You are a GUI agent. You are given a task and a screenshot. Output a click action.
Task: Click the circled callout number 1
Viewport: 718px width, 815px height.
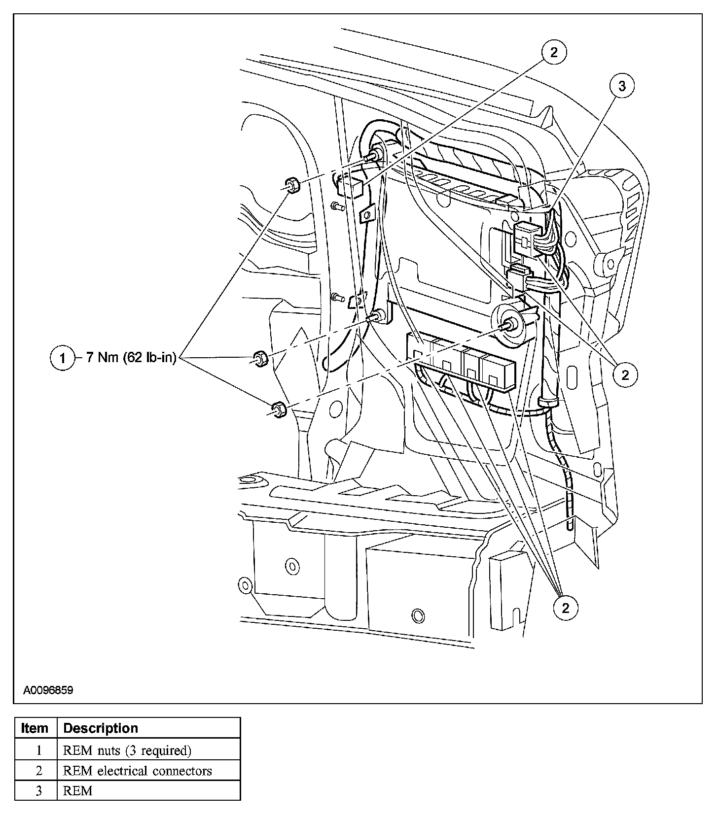click(63, 358)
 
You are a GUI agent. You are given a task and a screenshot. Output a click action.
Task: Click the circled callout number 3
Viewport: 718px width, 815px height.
click(622, 86)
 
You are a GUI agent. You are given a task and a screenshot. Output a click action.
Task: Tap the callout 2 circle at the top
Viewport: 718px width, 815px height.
click(554, 52)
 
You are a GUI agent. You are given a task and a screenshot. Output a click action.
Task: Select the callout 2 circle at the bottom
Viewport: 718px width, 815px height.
click(565, 608)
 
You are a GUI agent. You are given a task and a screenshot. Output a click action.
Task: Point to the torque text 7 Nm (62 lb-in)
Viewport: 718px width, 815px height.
click(131, 357)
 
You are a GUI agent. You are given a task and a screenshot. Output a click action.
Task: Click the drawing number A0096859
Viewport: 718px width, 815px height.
click(48, 690)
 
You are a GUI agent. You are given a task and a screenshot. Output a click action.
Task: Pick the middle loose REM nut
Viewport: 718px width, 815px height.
click(260, 358)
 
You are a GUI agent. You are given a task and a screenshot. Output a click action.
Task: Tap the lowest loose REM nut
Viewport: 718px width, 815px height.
click(278, 409)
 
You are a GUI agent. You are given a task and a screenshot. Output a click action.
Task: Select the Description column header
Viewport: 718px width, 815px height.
click(101, 728)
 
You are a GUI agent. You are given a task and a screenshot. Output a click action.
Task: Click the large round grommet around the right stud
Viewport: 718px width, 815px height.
click(509, 325)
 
